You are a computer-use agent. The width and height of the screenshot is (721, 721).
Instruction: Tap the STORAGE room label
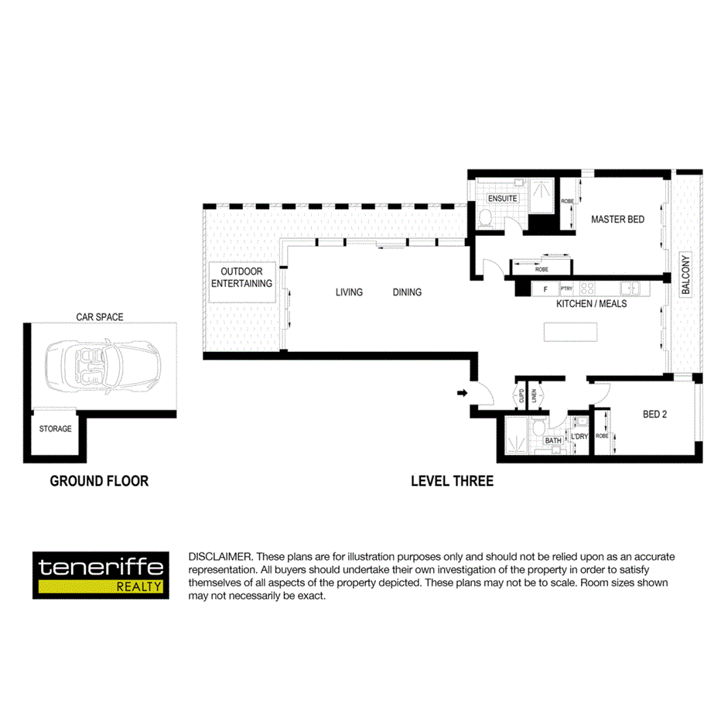pos(56,429)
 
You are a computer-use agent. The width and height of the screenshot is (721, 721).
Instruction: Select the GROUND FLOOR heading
pos(99,481)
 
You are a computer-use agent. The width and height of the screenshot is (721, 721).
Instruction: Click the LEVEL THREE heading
pos(452,481)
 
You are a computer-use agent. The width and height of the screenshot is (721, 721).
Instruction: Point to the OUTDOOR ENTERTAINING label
pos(242,278)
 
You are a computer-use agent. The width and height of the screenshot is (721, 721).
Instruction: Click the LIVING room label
pos(349,292)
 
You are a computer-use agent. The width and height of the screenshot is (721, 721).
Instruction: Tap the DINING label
pos(407,292)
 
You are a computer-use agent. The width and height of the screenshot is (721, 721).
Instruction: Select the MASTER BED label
pos(617,220)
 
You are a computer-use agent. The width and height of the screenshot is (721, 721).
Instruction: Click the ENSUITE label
pos(502,199)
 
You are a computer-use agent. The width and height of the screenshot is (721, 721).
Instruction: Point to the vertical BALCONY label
pos(685,275)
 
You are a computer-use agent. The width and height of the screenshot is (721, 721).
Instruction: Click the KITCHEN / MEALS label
pos(591,304)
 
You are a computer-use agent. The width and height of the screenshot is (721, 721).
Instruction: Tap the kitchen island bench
pos(571,331)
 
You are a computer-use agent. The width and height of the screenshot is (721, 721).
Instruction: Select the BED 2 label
pos(654,415)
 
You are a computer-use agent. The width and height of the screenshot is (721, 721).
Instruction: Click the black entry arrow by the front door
pos(462,394)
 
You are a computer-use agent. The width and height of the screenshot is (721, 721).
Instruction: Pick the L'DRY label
pos(579,436)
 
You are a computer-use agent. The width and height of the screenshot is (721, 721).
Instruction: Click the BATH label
pos(552,441)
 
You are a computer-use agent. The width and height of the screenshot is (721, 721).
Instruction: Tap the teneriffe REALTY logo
pos(101,575)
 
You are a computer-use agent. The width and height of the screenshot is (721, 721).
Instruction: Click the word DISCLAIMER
pos(220,557)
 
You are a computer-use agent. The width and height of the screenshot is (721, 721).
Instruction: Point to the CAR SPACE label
pos(99,317)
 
